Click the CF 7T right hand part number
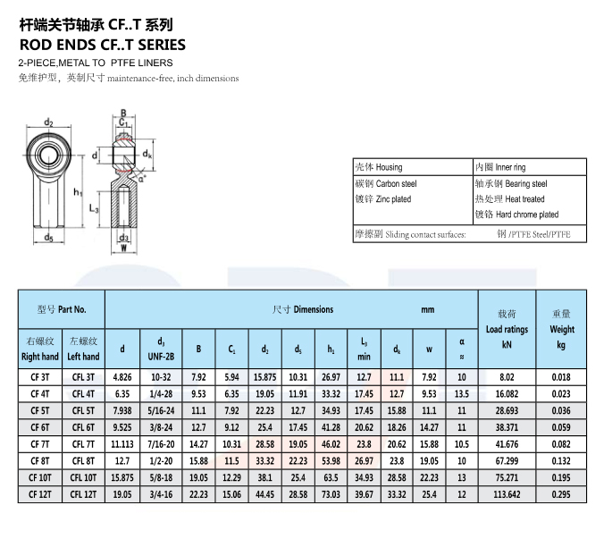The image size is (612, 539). pyautogui.click(x=40, y=444)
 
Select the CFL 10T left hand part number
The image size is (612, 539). pyautogui.click(x=83, y=477)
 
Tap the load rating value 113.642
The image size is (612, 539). pyautogui.click(x=507, y=494)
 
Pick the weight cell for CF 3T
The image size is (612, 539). pyautogui.click(x=561, y=377)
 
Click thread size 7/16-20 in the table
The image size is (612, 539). pyautogui.click(x=161, y=444)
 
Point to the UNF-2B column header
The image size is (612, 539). pyautogui.click(x=161, y=357)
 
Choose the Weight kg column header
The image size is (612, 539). pyautogui.click(x=562, y=329)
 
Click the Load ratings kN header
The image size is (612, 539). pyautogui.click(x=507, y=329)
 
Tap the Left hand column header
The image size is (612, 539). pyautogui.click(x=83, y=357)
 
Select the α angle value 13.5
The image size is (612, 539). pyautogui.click(x=462, y=394)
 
